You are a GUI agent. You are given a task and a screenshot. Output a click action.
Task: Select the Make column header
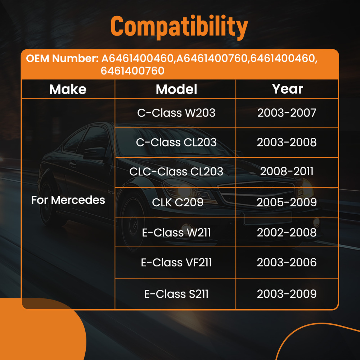[x=68, y=89]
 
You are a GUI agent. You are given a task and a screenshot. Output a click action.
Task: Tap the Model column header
[x=176, y=89]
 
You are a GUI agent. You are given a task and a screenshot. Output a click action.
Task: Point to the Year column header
[x=287, y=89]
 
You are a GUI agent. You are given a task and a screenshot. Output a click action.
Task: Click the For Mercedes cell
[x=68, y=200]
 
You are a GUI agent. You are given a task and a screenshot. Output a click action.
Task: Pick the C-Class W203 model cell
[x=176, y=113]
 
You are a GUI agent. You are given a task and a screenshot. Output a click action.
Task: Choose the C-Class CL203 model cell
[x=176, y=143]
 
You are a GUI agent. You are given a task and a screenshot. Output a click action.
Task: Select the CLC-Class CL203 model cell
[x=176, y=171]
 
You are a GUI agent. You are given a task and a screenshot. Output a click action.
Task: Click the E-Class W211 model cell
[x=176, y=233]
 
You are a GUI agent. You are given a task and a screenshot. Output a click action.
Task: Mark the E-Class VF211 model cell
[x=176, y=262]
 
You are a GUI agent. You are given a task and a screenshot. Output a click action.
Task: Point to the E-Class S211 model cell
[x=176, y=294]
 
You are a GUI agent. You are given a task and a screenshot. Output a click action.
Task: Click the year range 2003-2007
[x=287, y=113]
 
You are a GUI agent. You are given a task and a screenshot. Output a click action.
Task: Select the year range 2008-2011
[x=287, y=171]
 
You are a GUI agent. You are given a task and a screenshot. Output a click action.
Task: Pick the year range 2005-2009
[x=287, y=202]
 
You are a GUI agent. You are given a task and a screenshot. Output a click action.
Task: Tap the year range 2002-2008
[x=287, y=233]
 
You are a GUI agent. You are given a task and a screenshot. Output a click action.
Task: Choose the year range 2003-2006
[x=287, y=262]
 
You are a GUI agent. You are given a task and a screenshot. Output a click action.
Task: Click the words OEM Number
[x=62, y=59]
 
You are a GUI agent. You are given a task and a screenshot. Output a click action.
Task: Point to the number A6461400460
[x=138, y=59]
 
